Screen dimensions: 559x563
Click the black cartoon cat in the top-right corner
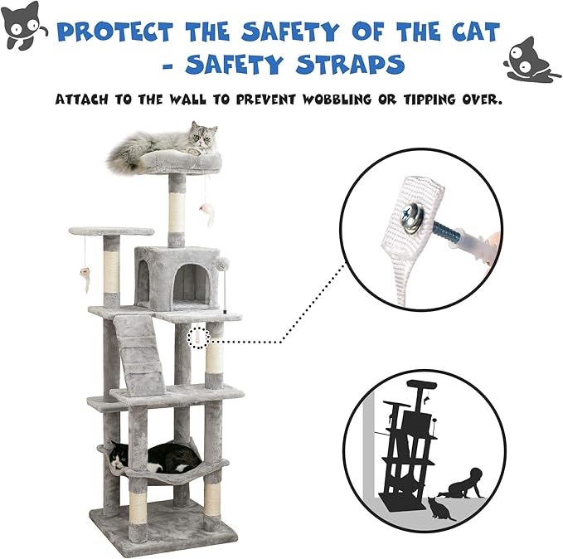pos(531,59)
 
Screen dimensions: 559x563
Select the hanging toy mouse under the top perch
pos(207,214)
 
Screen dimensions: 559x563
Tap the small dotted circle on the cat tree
pos(199,338)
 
